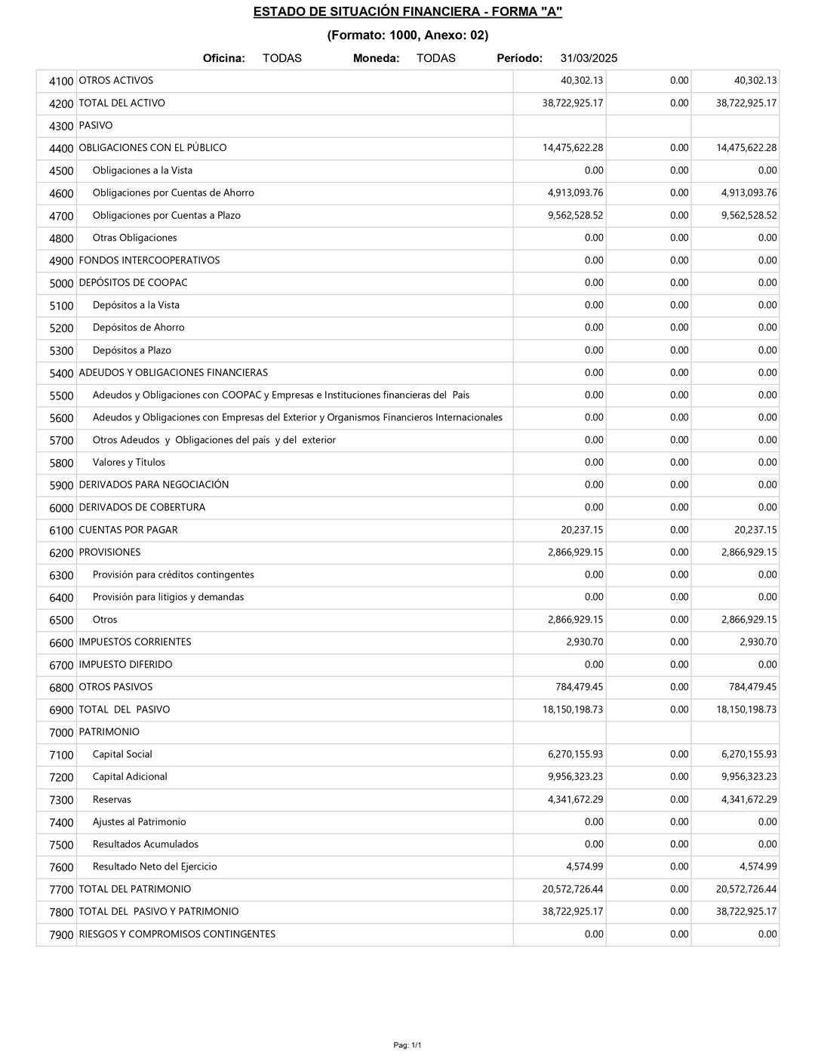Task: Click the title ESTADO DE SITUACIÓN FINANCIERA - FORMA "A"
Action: point(407,11)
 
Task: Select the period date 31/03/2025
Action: point(589,58)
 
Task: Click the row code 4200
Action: point(61,103)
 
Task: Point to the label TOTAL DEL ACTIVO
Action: point(121,103)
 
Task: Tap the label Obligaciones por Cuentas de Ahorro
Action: point(173,192)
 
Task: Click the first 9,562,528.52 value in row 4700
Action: point(575,215)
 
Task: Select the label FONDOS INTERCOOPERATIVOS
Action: point(149,260)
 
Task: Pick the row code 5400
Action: point(61,373)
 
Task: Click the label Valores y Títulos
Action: point(128,462)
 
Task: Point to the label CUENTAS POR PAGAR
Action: point(128,530)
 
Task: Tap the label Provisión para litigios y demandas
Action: point(168,597)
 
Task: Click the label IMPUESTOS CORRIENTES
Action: point(135,642)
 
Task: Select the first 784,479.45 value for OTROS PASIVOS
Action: point(579,687)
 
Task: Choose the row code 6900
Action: point(61,710)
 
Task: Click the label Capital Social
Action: point(122,754)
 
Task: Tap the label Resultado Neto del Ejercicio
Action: point(155,867)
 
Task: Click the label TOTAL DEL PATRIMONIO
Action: point(135,889)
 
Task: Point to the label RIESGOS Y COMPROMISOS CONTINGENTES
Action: point(177,934)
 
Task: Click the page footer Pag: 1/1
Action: point(407,1045)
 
